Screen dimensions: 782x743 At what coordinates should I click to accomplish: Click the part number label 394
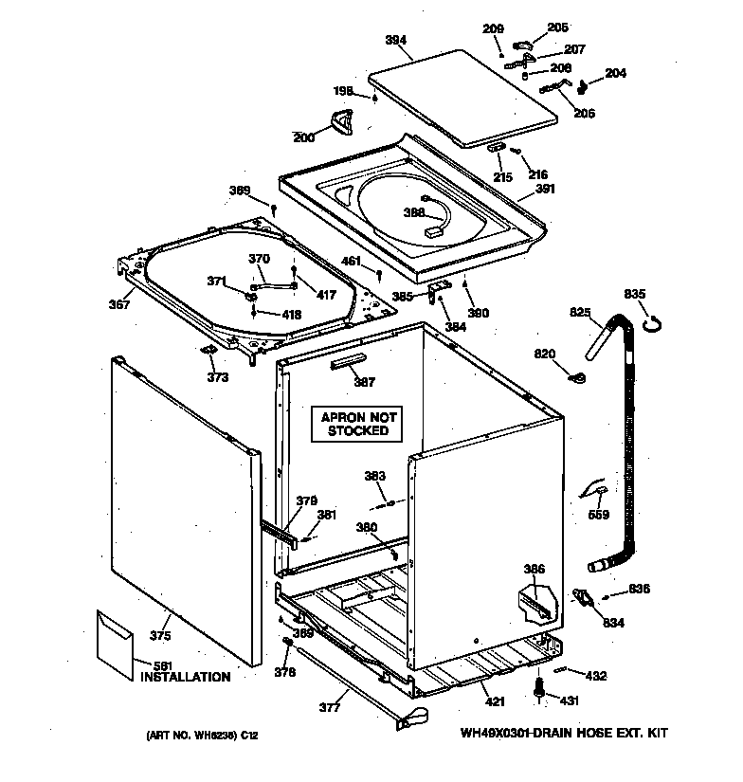395,40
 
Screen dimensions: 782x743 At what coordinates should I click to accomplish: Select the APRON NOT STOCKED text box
358,424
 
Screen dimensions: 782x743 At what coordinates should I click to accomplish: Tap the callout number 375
161,636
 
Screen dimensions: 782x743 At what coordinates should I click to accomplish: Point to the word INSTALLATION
185,677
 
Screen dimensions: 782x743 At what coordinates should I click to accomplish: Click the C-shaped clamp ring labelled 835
650,325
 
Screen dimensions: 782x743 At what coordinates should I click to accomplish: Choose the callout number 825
579,312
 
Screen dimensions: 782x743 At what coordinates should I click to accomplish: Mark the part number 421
495,701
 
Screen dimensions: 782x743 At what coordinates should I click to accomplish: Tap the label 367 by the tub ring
119,304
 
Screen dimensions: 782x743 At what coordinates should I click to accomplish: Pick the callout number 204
615,73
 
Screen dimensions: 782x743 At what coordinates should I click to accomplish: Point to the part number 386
535,569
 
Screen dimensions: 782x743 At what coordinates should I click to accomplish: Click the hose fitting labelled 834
579,599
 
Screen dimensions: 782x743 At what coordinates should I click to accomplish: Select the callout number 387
364,382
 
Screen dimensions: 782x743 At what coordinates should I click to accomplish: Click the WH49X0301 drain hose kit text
564,734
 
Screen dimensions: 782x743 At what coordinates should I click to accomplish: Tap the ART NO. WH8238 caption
203,735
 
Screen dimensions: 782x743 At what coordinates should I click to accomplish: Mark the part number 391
544,190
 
